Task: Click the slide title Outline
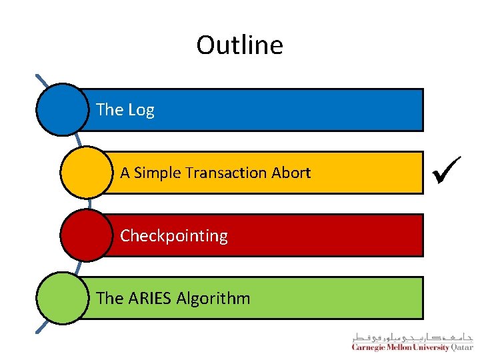239,45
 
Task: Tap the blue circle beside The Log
62,109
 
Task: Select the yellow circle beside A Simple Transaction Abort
86,173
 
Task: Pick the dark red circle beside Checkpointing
86,235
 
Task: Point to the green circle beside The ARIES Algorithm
62,298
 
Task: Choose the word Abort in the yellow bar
291,173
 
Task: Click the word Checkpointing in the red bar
174,236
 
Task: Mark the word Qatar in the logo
462,347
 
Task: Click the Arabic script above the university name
413,336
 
